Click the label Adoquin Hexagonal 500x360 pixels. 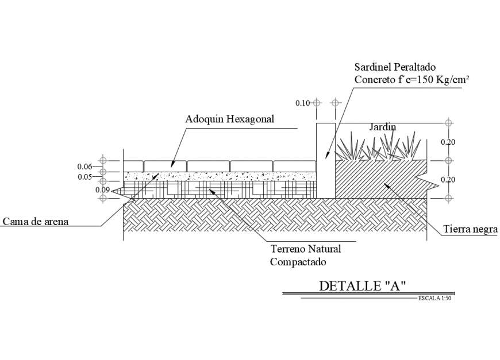point(229,119)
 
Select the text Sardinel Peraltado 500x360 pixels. point(395,67)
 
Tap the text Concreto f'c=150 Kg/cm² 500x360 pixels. point(411,79)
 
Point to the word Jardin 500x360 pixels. point(383,127)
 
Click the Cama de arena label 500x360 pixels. point(36,221)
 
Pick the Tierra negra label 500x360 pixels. point(470,229)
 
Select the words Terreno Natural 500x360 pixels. point(306,249)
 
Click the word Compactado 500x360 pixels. point(298,262)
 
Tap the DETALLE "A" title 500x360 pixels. point(362,286)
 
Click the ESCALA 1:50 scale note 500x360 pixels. point(434,298)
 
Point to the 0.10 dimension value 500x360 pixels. point(302,103)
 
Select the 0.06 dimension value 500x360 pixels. point(84,167)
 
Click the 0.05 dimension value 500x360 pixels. point(85,177)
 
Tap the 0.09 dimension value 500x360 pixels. point(102,190)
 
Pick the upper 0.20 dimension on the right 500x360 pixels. point(448,142)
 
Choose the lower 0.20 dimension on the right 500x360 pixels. point(448,180)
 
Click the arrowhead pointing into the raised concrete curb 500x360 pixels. point(327,155)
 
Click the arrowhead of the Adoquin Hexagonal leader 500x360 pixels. point(172,164)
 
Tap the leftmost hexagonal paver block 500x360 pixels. point(133,167)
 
